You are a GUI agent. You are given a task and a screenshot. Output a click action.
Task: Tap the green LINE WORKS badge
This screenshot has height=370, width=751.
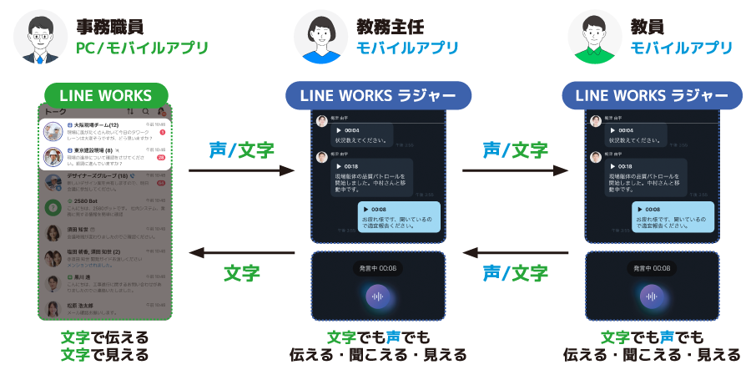[106, 94]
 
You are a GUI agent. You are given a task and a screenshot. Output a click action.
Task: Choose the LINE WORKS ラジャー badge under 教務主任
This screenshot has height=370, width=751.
[378, 94]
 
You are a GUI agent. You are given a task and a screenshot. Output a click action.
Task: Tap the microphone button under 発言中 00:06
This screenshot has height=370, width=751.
[377, 297]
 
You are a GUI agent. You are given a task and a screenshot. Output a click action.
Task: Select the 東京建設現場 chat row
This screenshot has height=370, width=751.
[105, 156]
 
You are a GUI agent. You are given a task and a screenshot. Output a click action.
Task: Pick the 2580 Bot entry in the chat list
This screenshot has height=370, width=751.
[105, 206]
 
